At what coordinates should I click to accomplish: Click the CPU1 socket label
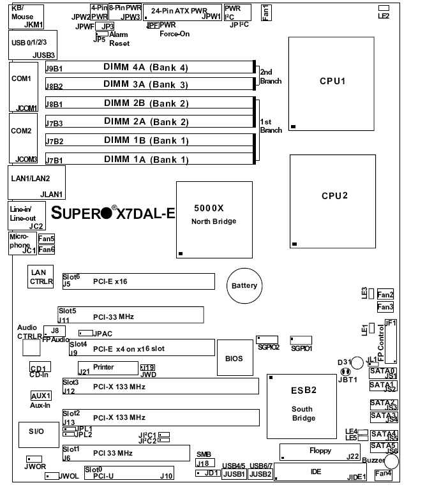333,82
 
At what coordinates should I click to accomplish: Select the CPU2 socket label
334,195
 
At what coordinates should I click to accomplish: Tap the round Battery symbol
244,286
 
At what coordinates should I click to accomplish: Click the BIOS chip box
234,359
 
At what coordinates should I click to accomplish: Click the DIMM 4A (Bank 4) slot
146,66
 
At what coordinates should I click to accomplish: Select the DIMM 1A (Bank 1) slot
146,159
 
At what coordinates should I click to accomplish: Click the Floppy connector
320,451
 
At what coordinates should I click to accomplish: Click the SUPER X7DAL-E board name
112,213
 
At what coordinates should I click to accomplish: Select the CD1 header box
40,368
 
